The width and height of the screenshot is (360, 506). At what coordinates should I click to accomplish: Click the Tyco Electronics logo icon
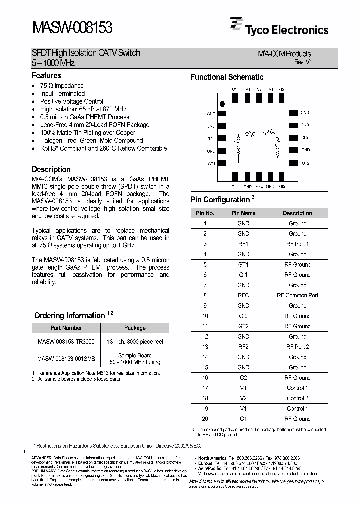tap(236, 25)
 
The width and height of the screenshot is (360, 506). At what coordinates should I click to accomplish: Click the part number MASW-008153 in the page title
tap(72, 27)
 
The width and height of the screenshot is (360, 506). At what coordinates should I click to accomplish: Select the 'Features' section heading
tap(46, 76)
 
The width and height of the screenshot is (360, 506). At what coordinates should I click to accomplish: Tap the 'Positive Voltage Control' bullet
tap(71, 101)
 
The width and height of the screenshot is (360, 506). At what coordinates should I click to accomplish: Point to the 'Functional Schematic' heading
tap(227, 77)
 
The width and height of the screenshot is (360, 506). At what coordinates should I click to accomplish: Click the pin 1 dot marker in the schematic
tap(223, 104)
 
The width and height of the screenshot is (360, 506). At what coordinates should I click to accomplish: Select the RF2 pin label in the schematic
tap(305, 137)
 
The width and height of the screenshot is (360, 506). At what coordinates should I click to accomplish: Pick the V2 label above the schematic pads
tap(259, 89)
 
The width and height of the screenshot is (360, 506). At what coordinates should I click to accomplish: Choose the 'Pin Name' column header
tap(243, 213)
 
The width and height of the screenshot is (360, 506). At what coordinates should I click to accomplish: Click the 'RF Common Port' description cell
tap(297, 295)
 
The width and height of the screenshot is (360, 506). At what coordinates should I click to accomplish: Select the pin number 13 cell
tap(205, 347)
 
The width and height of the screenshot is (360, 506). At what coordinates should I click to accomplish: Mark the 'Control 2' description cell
tap(297, 398)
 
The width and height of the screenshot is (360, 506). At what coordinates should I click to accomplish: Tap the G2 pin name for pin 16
tap(243, 378)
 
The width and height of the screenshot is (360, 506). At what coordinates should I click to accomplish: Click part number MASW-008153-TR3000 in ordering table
tap(65, 342)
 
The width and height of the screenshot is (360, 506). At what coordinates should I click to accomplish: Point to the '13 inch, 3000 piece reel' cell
tap(134, 342)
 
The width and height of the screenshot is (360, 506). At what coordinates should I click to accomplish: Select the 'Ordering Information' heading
tap(69, 316)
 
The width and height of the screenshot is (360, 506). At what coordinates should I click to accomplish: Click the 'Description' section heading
tap(51, 169)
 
